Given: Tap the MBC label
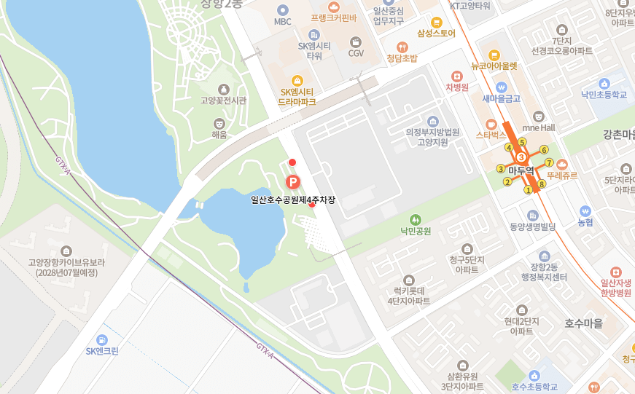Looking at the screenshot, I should [x=283, y=21].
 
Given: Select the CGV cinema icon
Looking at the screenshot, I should [x=356, y=42].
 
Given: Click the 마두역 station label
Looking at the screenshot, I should [x=521, y=170].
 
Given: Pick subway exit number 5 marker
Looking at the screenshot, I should [x=522, y=142].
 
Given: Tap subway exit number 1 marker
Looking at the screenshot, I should [x=528, y=190].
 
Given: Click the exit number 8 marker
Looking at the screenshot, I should [x=542, y=184].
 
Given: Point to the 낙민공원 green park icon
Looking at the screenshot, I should [x=415, y=219].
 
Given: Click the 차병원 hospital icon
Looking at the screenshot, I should [x=457, y=76].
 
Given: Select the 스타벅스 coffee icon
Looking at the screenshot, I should [x=491, y=123].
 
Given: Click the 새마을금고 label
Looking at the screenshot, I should [x=501, y=98].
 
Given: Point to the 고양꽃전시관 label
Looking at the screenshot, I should [x=223, y=101].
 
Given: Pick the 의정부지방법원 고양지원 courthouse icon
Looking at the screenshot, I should [x=433, y=121].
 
